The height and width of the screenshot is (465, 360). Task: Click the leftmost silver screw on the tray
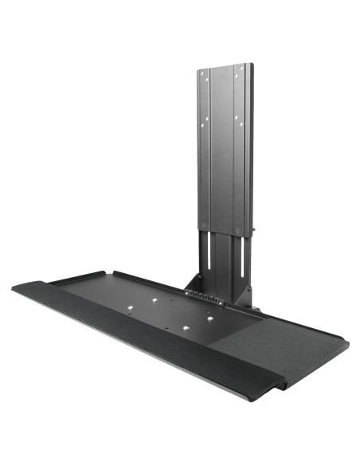point(154,301)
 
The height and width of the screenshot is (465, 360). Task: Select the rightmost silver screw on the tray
point(211,318)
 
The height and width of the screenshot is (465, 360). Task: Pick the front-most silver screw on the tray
point(182,327)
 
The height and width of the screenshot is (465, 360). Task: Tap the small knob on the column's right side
point(254,233)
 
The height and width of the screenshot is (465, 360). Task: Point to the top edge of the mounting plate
point(226,66)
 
